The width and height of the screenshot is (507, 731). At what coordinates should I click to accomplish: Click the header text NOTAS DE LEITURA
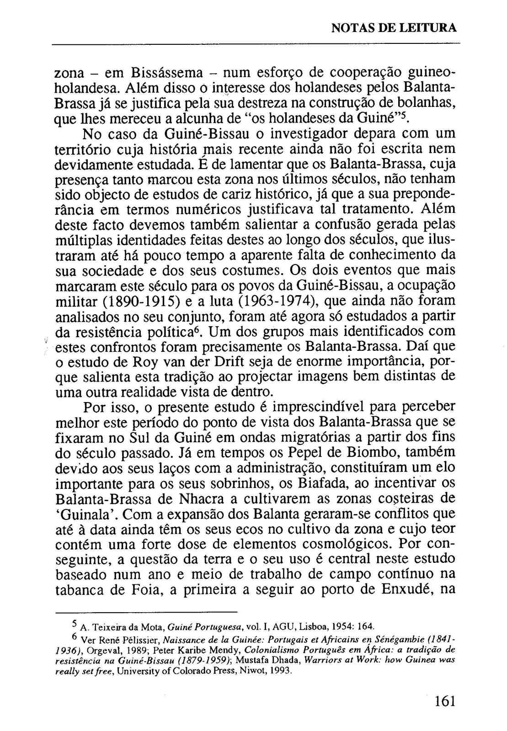[x=393, y=27]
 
